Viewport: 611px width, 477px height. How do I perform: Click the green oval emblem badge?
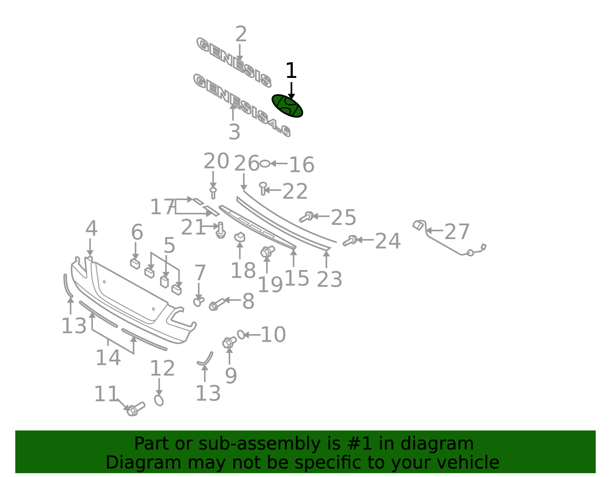(x=287, y=106)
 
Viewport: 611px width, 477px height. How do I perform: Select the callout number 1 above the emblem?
(x=291, y=71)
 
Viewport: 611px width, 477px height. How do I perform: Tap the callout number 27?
(x=457, y=231)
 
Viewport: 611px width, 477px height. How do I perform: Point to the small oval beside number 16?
(x=265, y=163)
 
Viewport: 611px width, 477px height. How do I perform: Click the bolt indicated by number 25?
(x=306, y=217)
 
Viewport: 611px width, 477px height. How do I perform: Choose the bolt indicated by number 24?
(x=350, y=241)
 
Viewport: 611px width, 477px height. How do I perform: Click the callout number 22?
(x=295, y=191)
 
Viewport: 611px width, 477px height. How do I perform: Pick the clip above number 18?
(x=240, y=237)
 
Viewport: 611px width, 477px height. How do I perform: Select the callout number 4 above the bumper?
(x=91, y=228)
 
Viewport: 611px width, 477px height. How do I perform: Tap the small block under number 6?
(x=135, y=264)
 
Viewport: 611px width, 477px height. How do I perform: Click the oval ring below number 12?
(x=159, y=400)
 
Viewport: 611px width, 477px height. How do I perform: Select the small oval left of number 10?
(x=241, y=335)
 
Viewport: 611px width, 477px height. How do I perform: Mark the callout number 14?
(x=108, y=357)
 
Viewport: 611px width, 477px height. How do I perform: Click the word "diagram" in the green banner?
(x=437, y=444)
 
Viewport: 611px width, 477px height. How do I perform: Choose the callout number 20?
(x=216, y=161)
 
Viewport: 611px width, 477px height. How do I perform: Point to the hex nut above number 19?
(x=267, y=251)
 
